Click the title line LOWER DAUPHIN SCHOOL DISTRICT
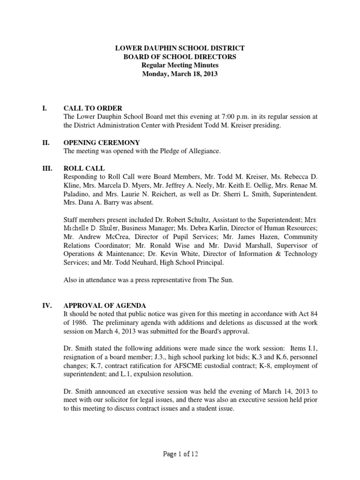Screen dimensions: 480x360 point(180,48)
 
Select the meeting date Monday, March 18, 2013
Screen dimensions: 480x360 point(180,74)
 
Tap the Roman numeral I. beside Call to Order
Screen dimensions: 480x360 point(45,108)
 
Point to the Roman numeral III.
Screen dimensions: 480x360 point(47,168)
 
